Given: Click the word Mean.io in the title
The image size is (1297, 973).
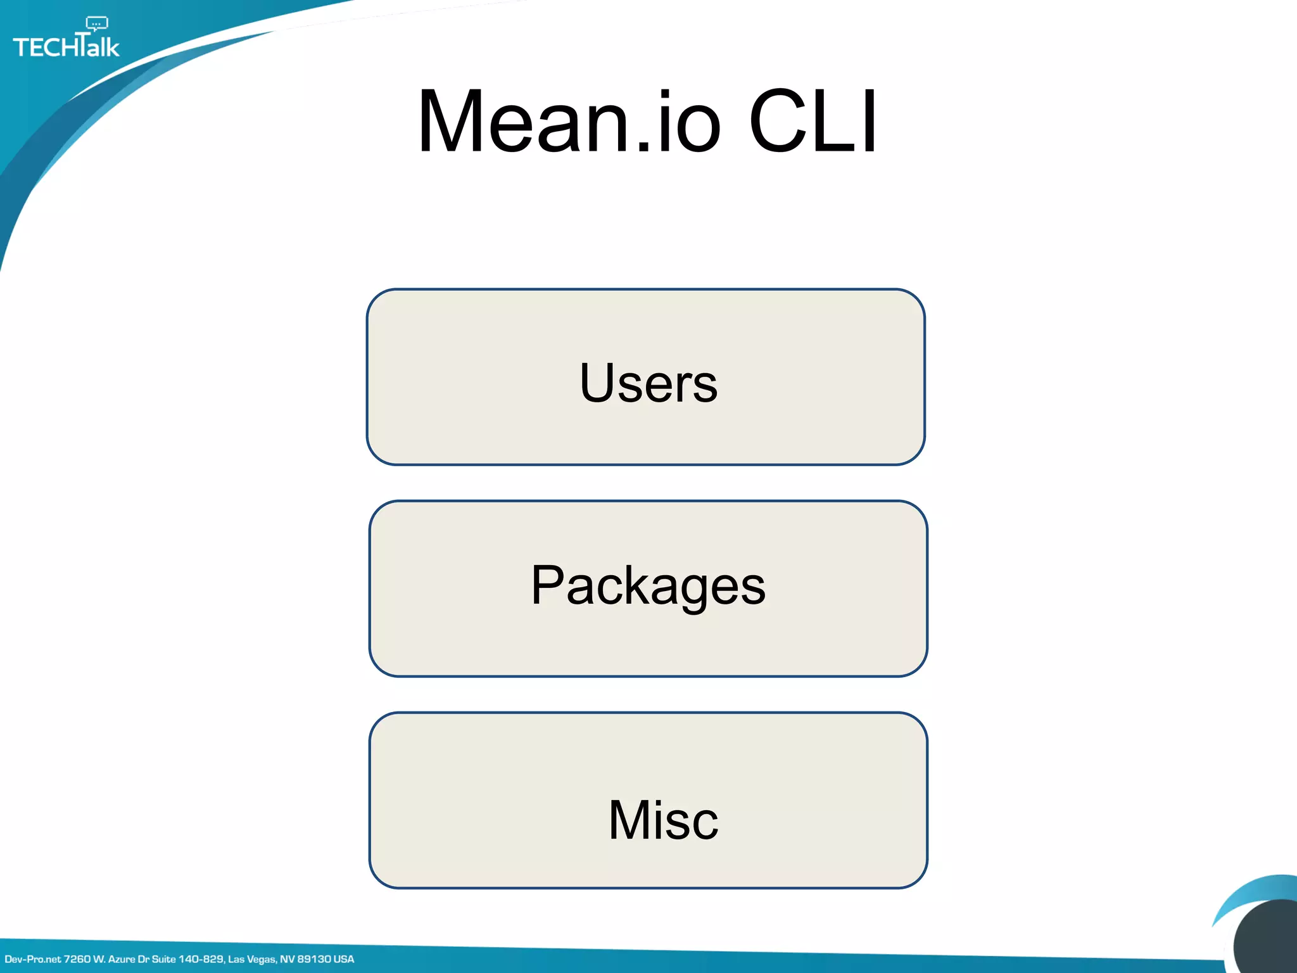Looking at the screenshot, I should [x=569, y=122].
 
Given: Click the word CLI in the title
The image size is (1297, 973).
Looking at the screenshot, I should [x=813, y=122].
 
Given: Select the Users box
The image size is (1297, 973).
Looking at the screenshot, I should [x=645, y=378].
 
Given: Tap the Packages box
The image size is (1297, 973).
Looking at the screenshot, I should [x=648, y=588].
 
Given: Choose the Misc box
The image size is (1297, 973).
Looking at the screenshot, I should [x=648, y=800].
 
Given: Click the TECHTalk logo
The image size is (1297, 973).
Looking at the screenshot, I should [x=66, y=46].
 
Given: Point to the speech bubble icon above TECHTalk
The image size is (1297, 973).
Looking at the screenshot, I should [x=96, y=24].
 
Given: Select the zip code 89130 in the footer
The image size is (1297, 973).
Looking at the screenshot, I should [x=314, y=959].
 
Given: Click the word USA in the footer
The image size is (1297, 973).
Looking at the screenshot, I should [x=344, y=959].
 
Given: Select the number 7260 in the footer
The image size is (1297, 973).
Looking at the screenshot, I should [x=77, y=959].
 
